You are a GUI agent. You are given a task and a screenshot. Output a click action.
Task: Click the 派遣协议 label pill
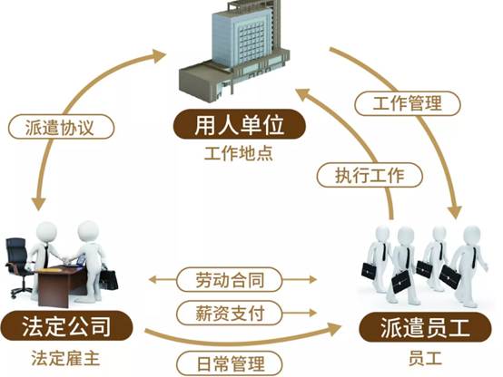(61, 127)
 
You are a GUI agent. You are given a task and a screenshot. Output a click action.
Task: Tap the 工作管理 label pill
(408, 103)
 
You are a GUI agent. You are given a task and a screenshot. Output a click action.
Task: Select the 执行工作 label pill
(370, 175)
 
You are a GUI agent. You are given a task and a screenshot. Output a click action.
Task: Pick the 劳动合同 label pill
(230, 279)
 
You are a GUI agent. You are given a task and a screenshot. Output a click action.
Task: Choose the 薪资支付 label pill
(230, 313)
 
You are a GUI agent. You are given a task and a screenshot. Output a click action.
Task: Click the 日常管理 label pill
(230, 363)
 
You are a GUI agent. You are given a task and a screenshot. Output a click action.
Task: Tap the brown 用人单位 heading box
(240, 124)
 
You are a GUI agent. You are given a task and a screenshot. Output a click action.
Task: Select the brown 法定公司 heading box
(66, 325)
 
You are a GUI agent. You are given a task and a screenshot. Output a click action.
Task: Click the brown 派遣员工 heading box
(425, 328)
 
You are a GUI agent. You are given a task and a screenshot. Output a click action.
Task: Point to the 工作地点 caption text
(239, 154)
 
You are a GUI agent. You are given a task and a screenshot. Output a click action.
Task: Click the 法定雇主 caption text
(65, 358)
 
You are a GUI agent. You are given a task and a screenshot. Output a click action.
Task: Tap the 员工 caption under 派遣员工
(425, 359)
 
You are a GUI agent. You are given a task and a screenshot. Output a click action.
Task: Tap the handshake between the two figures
(66, 259)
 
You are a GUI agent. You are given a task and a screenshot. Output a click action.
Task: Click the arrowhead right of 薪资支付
(312, 313)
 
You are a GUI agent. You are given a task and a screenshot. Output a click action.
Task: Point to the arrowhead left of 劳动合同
(153, 280)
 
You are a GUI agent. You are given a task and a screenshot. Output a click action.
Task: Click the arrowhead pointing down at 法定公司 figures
(39, 204)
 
